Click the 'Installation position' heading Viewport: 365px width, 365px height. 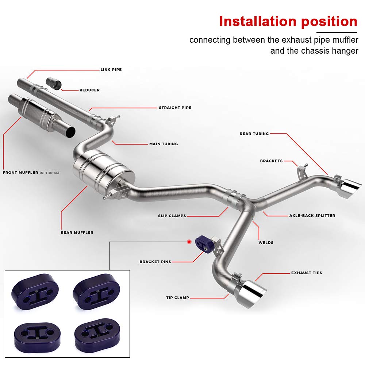pos(288,22)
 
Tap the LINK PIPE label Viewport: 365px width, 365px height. pos(111,69)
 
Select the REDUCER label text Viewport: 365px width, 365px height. pos(89,90)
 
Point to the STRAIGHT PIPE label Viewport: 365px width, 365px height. pos(175,108)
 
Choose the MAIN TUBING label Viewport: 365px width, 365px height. pos(164,144)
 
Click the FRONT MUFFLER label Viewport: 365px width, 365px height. pos(20,172)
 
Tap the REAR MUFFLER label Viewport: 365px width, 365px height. pos(77,233)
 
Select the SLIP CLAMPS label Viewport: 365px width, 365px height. pos(172,216)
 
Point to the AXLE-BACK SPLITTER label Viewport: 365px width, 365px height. pos(312,215)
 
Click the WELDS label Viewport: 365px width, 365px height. pos(266,242)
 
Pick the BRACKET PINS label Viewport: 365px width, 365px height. pos(155,262)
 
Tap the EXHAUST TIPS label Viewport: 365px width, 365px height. pos(307,273)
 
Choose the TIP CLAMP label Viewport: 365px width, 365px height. pos(177,297)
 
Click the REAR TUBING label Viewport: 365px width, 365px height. pos(254,134)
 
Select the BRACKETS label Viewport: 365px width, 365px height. pos(271,161)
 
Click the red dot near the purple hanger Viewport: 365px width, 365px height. pos(189,241)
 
